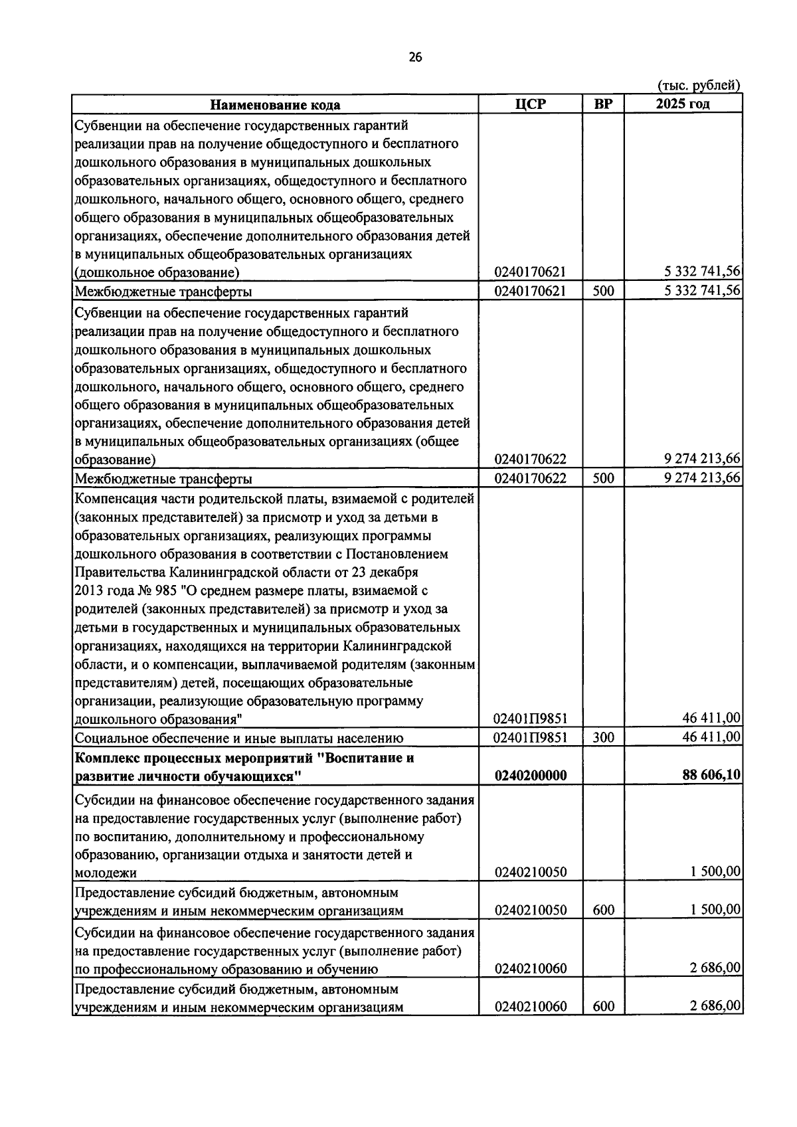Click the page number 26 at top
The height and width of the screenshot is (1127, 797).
415,57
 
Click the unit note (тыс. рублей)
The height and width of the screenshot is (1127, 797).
699,85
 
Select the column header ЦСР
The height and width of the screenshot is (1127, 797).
530,104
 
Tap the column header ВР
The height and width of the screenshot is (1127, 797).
603,104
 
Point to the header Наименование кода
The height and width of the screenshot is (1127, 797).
275,105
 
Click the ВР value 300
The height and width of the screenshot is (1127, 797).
603,737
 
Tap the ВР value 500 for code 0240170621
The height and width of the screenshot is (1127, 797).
603,291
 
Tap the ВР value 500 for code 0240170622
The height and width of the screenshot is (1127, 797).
603,478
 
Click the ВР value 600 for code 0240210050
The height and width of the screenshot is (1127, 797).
603,910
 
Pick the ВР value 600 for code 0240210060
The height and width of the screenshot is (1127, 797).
603,1006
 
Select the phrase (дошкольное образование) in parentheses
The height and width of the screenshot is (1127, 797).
157,273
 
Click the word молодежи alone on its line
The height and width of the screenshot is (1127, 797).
106,873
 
